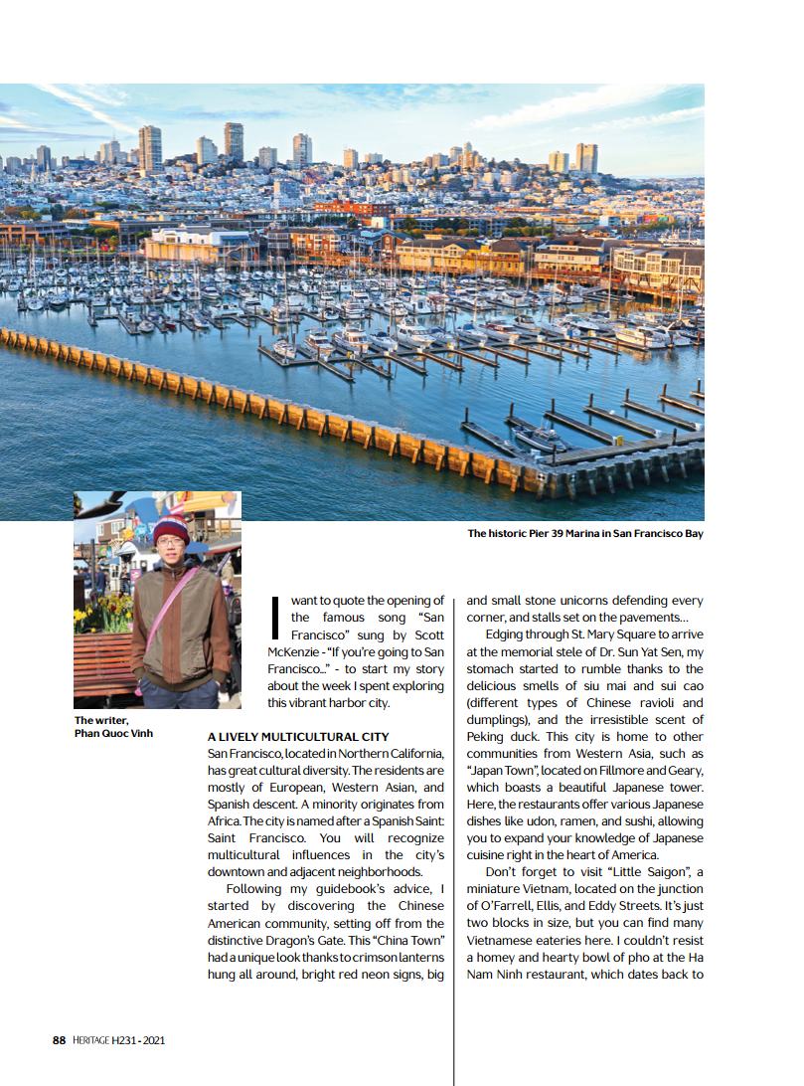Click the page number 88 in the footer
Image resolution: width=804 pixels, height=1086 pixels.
tap(59, 1040)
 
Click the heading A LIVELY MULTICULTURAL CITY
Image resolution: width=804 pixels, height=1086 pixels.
tap(297, 737)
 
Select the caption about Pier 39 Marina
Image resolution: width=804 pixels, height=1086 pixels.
tap(585, 534)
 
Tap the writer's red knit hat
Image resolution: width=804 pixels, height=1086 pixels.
tap(171, 528)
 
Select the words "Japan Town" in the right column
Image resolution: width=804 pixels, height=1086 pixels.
tap(499, 771)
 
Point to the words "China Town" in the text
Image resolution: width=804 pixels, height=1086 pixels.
tap(413, 940)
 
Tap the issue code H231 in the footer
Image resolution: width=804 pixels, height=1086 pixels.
tap(125, 1040)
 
